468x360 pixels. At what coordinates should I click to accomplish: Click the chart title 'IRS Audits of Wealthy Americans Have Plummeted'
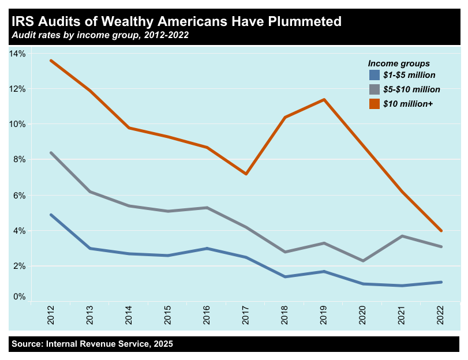pos(175,22)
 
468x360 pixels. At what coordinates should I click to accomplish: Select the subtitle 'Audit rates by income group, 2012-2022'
pos(99,35)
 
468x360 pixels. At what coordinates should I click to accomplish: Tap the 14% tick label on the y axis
pos(17,54)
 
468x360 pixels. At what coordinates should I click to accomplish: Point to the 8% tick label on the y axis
pos(19,160)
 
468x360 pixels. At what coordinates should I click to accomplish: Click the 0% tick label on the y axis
pos(19,297)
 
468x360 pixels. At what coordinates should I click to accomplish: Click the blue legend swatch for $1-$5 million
pos(374,75)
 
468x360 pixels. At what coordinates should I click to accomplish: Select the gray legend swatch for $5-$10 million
pos(374,89)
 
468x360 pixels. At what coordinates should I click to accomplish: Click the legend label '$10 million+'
pos(408,104)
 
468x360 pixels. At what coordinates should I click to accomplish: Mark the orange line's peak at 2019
pos(324,99)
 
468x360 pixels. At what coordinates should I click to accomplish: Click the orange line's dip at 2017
pos(246,174)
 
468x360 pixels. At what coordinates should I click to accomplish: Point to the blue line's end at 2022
pos(441,282)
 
